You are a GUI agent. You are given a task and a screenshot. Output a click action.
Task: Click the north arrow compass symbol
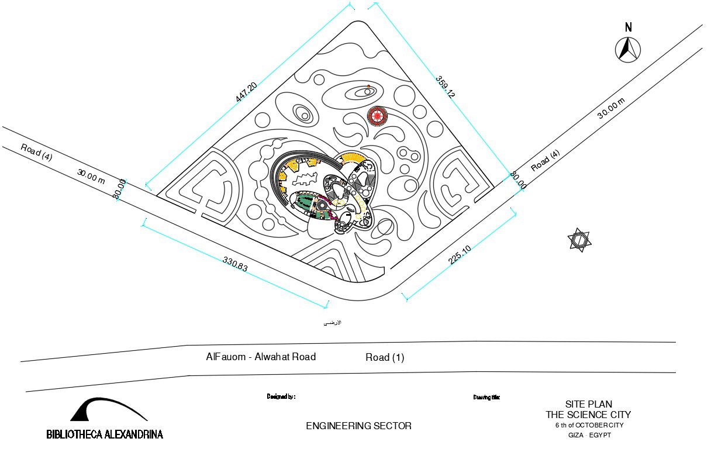[628, 49]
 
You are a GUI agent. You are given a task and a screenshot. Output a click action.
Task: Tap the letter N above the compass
[629, 27]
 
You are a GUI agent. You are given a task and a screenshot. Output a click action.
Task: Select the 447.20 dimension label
[246, 92]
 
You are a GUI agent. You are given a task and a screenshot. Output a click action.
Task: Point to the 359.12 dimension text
[445, 86]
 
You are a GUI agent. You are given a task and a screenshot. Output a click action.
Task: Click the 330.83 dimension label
[235, 264]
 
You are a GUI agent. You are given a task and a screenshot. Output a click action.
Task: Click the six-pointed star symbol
[579, 241]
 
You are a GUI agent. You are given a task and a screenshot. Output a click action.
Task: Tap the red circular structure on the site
[377, 116]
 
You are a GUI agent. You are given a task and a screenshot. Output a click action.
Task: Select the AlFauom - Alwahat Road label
[261, 357]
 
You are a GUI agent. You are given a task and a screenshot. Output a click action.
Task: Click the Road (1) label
[385, 357]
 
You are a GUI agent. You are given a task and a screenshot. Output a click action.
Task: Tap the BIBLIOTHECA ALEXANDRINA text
[105, 434]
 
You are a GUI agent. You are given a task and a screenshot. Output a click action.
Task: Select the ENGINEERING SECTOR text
[358, 426]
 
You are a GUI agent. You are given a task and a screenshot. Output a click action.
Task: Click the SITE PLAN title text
[588, 404]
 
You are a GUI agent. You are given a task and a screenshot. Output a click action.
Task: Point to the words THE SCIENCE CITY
[588, 415]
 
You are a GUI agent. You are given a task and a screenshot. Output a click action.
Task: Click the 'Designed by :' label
[281, 396]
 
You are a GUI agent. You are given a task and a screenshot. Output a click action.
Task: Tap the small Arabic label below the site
[333, 323]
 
